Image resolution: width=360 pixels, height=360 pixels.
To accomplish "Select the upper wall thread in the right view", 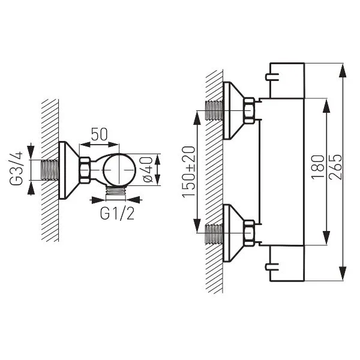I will pos(214,110).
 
